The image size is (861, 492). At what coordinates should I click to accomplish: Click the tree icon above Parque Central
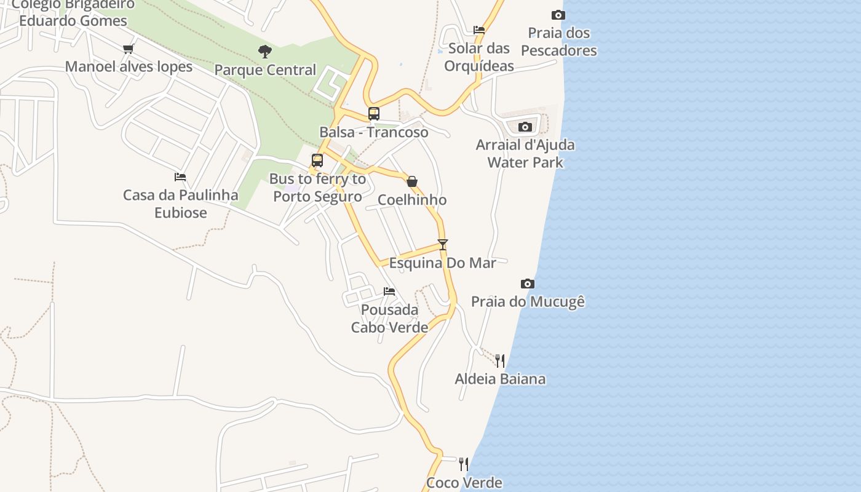click(x=265, y=52)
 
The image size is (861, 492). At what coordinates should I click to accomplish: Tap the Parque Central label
click(x=265, y=69)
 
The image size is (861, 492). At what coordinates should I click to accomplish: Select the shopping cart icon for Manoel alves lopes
click(x=128, y=49)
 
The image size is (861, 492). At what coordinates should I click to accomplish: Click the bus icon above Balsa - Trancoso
click(x=374, y=114)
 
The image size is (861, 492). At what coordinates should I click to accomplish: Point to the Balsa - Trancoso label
click(x=374, y=132)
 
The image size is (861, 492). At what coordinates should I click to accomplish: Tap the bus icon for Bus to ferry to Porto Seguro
click(x=317, y=161)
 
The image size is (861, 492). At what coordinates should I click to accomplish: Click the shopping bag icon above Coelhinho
click(x=412, y=181)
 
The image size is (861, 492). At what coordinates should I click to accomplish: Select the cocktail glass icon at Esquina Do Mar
click(x=443, y=244)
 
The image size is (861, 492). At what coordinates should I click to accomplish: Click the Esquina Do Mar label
click(x=443, y=263)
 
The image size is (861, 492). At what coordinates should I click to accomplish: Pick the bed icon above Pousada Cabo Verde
click(x=389, y=292)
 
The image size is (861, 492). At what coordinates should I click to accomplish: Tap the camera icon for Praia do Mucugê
click(x=528, y=284)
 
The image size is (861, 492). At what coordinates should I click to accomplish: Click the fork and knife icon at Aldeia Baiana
click(x=500, y=360)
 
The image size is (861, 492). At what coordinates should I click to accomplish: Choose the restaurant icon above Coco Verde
click(x=464, y=464)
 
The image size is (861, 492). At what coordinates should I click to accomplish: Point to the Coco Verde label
click(x=464, y=483)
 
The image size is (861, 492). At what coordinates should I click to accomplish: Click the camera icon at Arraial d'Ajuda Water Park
click(x=525, y=127)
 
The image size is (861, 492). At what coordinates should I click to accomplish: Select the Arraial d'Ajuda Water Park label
click(x=525, y=154)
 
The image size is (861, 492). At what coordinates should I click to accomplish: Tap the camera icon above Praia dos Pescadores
click(x=558, y=15)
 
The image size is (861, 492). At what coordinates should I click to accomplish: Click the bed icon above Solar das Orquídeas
click(x=479, y=30)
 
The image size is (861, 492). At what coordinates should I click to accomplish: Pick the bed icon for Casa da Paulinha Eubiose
click(x=180, y=177)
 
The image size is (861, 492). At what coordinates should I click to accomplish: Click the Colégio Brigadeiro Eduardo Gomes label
click(x=73, y=12)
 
